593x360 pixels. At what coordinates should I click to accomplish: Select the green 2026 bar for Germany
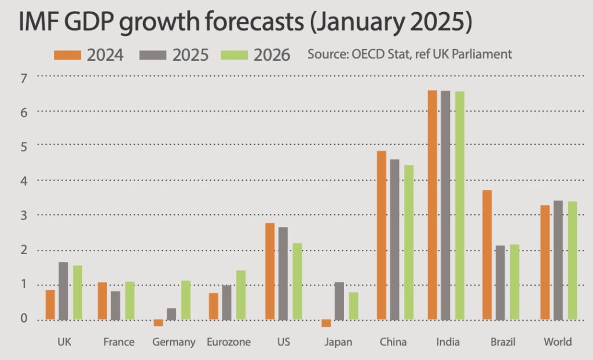(185, 300)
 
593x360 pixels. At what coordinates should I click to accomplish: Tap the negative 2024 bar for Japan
(326, 323)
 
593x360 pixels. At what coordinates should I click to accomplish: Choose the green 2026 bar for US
(298, 281)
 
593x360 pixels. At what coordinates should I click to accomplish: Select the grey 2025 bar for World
(559, 260)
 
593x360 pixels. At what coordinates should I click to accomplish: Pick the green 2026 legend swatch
(235, 55)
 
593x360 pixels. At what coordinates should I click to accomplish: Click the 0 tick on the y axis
(23, 319)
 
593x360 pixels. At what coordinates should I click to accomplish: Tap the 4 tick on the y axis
(23, 181)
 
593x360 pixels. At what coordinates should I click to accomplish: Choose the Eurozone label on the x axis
(229, 342)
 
